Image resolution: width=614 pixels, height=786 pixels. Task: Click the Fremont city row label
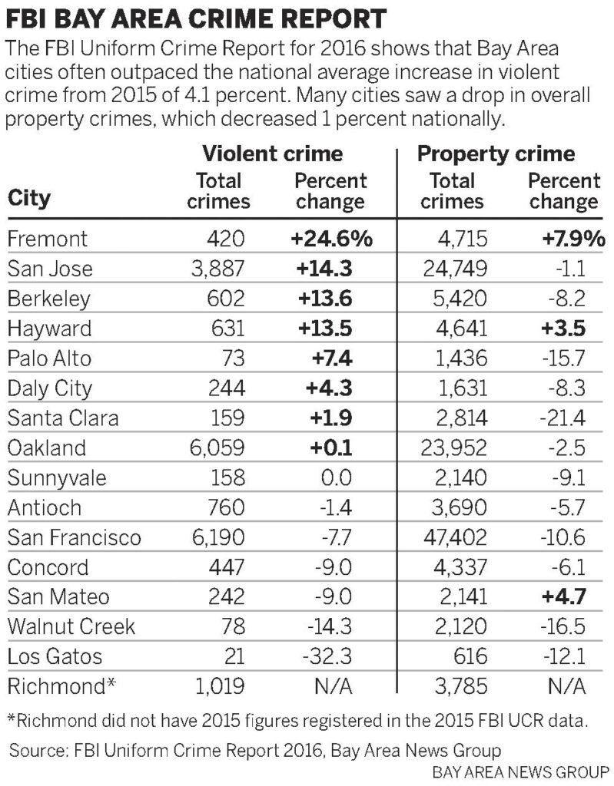click(47, 239)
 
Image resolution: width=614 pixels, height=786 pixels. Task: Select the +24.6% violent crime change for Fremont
click(330, 239)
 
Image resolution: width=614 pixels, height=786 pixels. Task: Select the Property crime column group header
click(496, 154)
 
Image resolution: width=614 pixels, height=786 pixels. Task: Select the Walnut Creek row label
click(71, 627)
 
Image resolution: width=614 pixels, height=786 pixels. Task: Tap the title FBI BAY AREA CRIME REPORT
click(196, 18)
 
